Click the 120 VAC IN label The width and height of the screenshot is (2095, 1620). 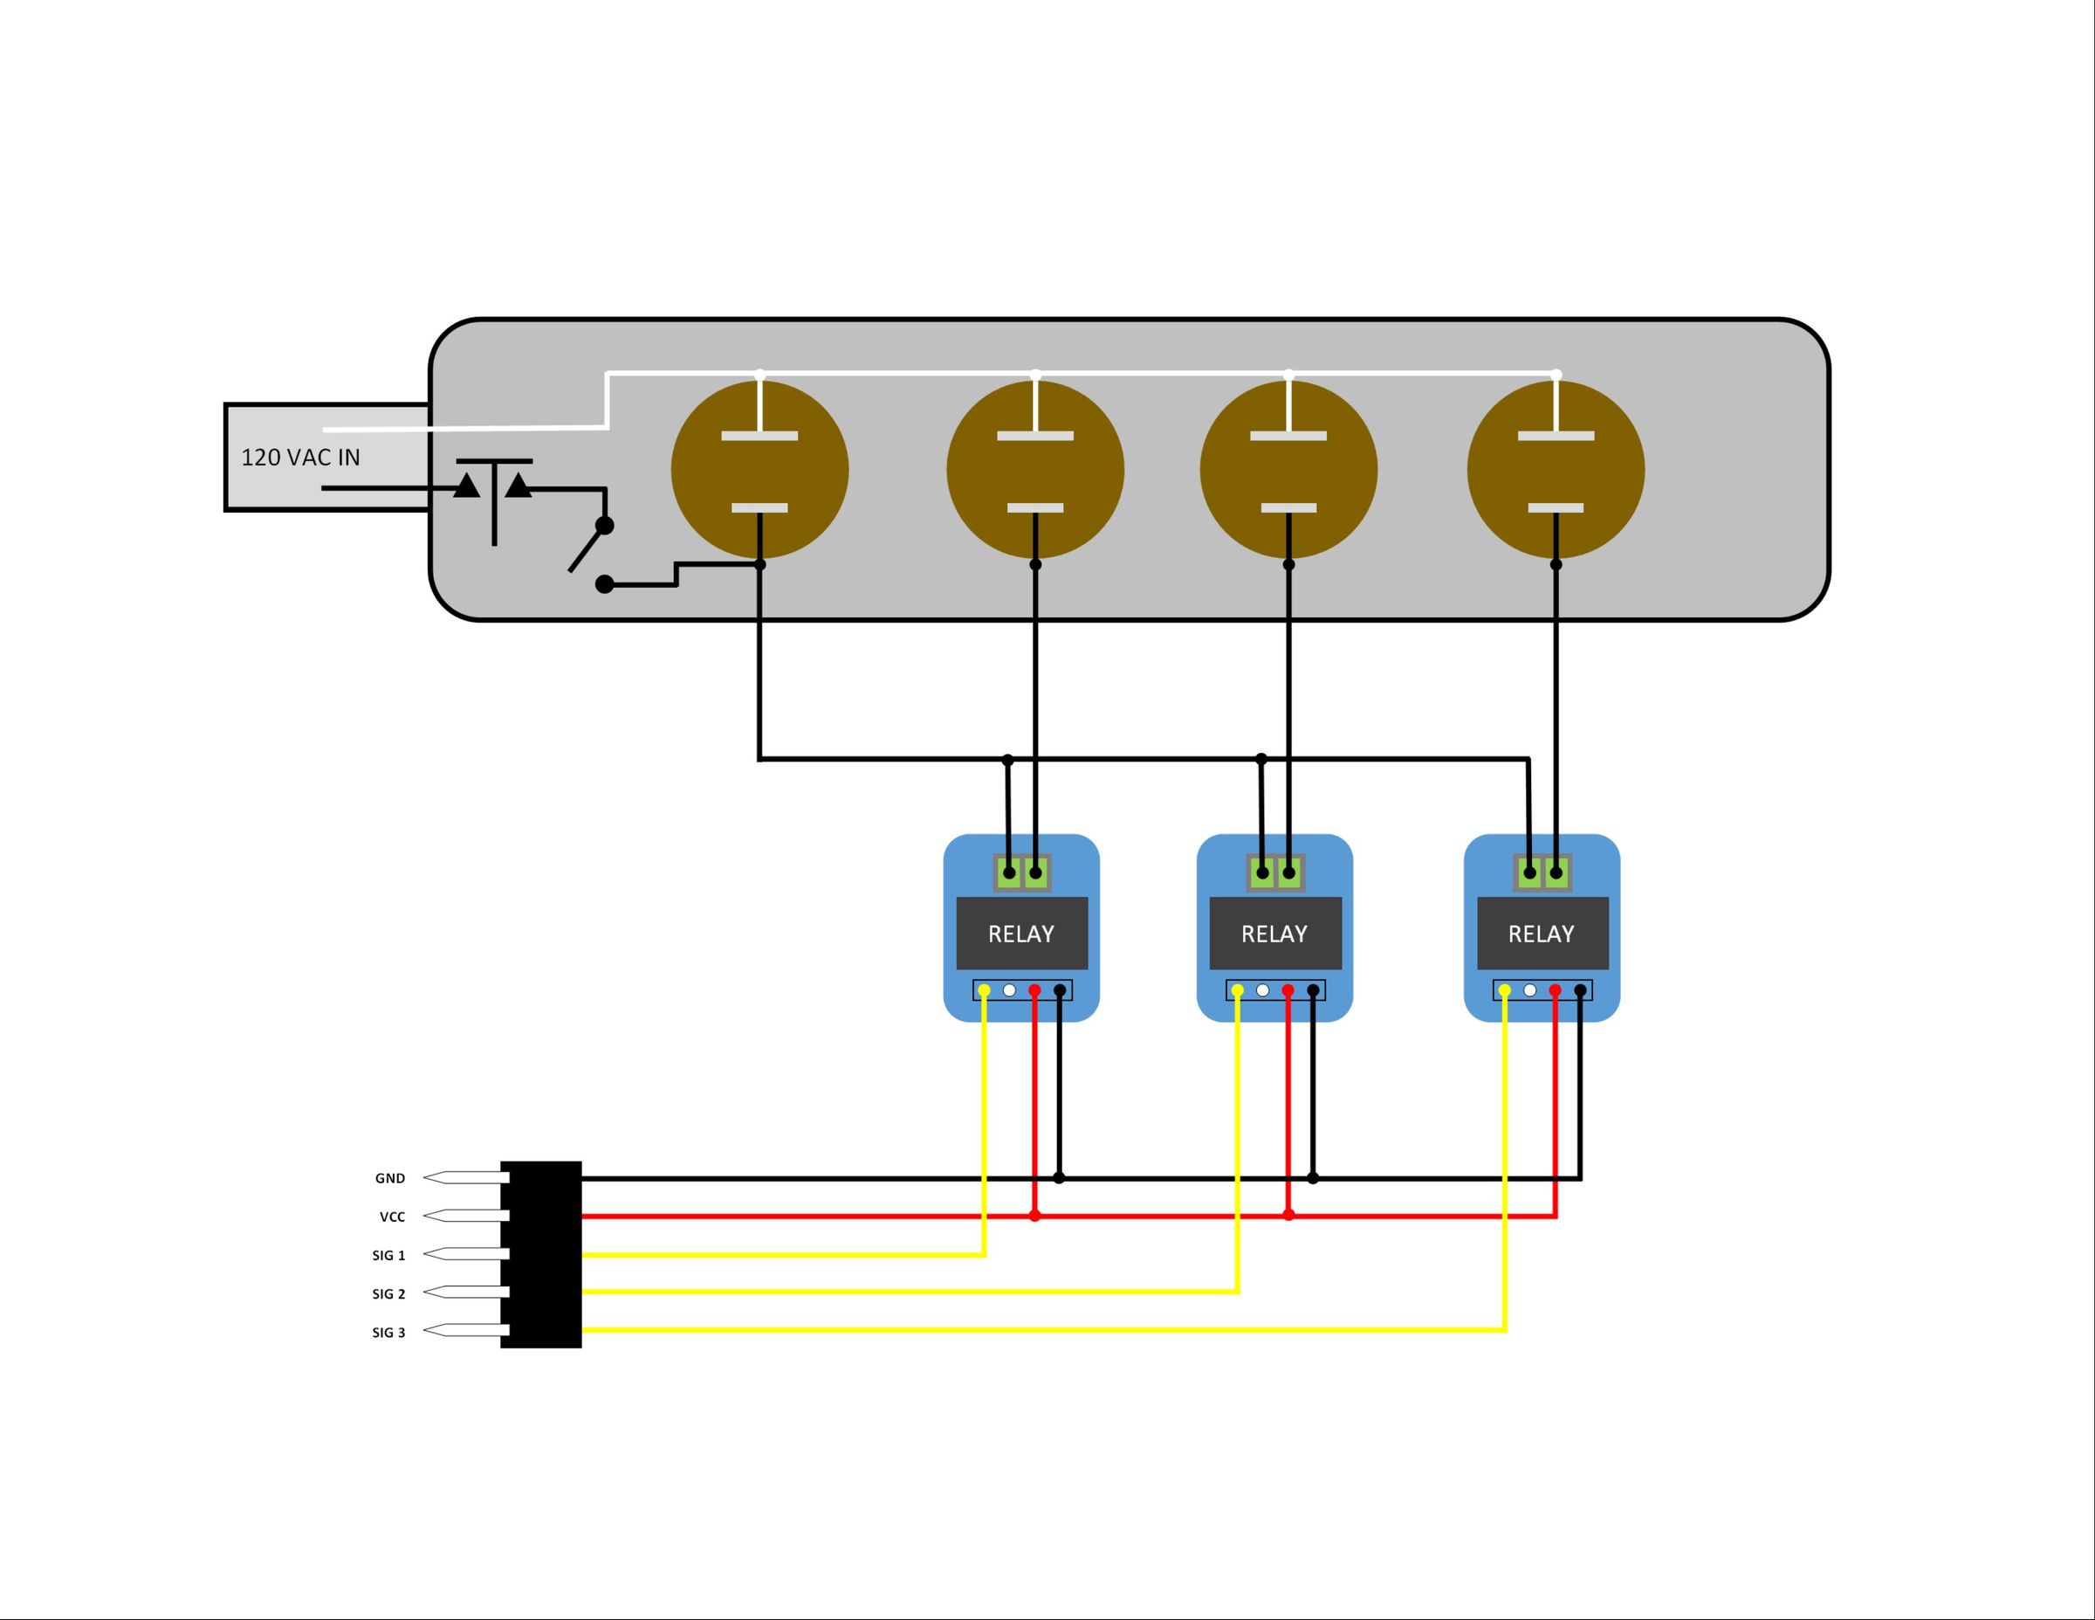pos(300,458)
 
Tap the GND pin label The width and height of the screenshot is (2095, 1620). pos(389,1178)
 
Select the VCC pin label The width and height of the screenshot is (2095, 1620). pos(392,1217)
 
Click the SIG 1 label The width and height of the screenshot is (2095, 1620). pos(388,1255)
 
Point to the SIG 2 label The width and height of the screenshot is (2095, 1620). pos(388,1293)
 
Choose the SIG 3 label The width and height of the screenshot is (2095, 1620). pos(388,1332)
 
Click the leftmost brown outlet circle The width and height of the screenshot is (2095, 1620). pos(759,469)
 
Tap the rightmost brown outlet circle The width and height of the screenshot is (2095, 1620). pos(1555,469)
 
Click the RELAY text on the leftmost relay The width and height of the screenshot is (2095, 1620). pos(1020,934)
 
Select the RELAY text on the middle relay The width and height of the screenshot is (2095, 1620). pos(1274,934)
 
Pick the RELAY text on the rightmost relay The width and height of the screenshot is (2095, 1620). pos(1541,934)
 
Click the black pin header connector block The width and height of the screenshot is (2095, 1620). pos(541,1254)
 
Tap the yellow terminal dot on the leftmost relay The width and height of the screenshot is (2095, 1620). pos(984,989)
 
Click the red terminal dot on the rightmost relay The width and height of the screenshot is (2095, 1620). pos(1555,989)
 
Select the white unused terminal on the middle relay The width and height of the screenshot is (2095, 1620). pos(1262,989)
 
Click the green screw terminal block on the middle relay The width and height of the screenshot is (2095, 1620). pos(1274,872)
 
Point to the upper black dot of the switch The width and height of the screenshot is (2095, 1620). pos(604,525)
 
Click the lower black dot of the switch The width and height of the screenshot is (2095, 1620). pos(604,583)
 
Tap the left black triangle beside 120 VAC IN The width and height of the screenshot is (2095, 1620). pos(467,486)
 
